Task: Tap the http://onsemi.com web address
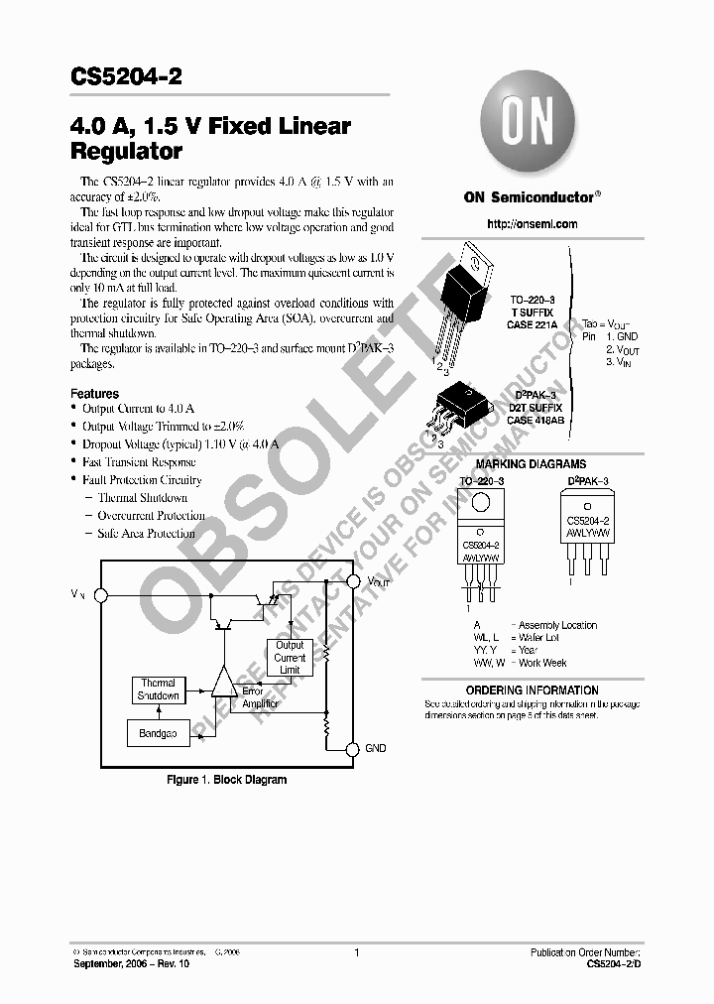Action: (532, 224)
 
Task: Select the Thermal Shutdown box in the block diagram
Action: (158, 690)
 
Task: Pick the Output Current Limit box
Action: (290, 658)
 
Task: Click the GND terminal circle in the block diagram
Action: (352, 748)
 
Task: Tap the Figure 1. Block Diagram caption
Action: (226, 780)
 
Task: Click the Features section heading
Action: (95, 394)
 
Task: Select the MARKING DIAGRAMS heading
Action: (531, 464)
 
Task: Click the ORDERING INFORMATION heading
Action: (532, 690)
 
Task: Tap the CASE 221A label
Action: (534, 323)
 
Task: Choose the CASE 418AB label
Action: (535, 420)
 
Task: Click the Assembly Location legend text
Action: (558, 625)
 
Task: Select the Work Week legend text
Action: (542, 663)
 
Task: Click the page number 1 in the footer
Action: (356, 952)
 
